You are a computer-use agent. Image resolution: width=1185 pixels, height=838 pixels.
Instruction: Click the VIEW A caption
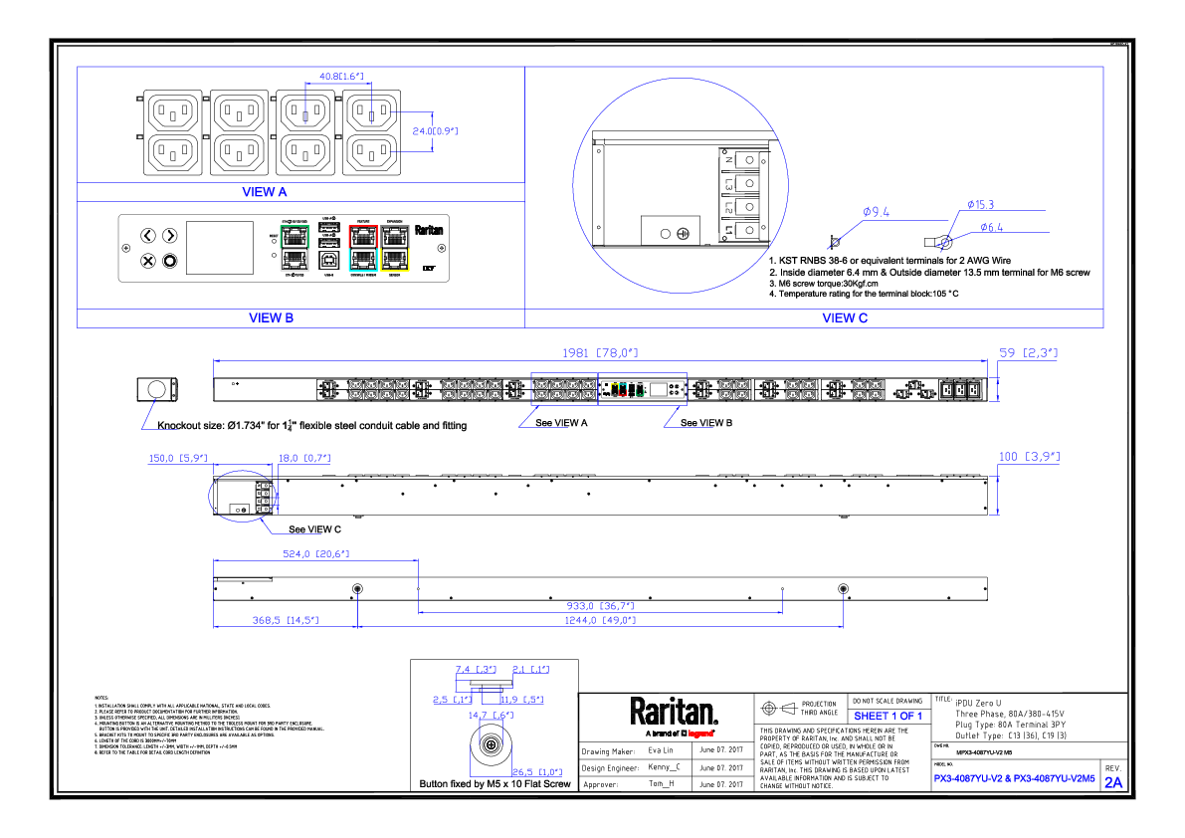coord(265,192)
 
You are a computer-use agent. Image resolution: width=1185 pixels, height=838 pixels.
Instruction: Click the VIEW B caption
coord(271,318)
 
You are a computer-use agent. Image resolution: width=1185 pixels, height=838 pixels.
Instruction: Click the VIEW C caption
coord(844,318)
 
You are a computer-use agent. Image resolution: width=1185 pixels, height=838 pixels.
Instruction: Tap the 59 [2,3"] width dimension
coord(1028,352)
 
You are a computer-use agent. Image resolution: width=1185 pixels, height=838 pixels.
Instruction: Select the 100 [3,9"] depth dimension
coord(1029,457)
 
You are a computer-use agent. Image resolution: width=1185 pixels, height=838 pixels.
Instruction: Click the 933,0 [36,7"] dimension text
coord(601,605)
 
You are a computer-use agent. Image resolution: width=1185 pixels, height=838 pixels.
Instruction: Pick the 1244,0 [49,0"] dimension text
coord(601,620)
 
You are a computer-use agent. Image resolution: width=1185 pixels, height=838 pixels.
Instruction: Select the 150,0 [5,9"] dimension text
coord(177,458)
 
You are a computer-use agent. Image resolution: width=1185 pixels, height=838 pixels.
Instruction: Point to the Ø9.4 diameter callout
coord(876,212)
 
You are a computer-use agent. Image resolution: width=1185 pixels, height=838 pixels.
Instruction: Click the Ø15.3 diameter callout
coord(980,204)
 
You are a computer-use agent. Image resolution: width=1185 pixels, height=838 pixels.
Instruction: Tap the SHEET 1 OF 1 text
coord(888,716)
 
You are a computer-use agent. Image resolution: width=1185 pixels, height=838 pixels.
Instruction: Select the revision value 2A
coord(1112,783)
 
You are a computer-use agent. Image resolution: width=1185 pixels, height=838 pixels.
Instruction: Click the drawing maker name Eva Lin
coord(661,750)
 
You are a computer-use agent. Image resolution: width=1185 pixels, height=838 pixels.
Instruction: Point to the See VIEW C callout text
coord(314,529)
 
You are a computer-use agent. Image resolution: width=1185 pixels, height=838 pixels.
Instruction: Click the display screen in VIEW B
coord(220,248)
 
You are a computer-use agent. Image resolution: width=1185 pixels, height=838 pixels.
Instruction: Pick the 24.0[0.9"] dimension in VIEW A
coord(435,130)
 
